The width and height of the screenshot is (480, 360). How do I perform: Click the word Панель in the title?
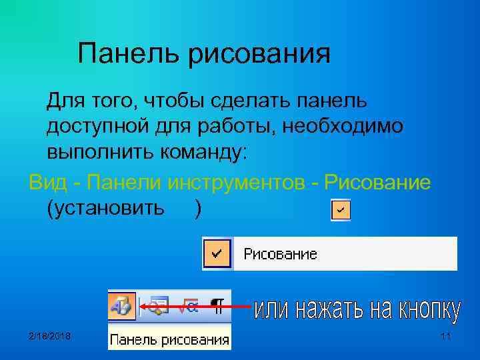[127, 53]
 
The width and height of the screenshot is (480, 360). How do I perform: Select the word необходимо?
[343, 126]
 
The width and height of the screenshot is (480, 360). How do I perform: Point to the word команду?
[203, 151]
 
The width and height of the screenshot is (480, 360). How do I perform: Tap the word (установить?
[105, 208]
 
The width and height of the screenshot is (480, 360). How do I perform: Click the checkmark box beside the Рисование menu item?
[217, 253]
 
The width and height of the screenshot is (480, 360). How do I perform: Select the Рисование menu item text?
[280, 254]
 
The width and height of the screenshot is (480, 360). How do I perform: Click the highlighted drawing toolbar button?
[122, 307]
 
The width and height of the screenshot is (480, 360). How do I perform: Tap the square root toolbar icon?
[189, 307]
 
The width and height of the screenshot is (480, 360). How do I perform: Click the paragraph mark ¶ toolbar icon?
[217, 307]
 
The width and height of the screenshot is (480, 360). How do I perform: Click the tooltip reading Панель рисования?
[169, 340]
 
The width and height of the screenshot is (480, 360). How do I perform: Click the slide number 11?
[445, 335]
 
